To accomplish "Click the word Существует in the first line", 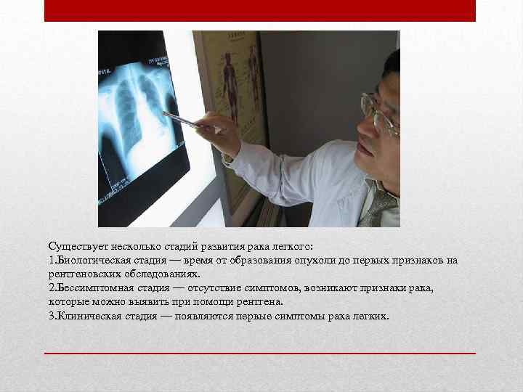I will pyautogui.click(x=75, y=247).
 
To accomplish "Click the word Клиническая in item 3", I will pyautogui.click(x=88, y=316).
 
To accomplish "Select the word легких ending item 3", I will pyautogui.click(x=372, y=316).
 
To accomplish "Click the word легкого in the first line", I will pyautogui.click(x=290, y=247).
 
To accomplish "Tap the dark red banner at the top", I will pyautogui.click(x=260, y=11).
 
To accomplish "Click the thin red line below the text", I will pyautogui.click(x=260, y=353).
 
